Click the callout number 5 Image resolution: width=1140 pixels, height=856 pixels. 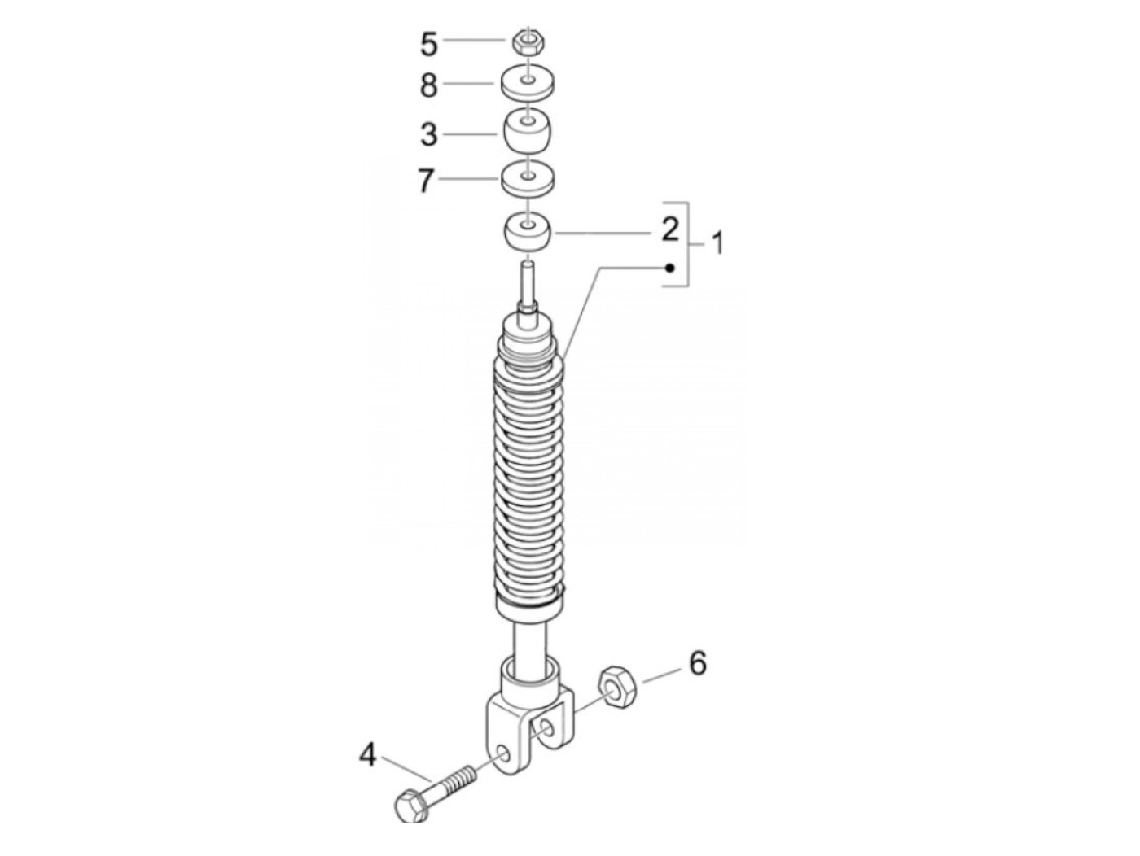(428, 44)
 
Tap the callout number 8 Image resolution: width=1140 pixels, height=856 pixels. (428, 85)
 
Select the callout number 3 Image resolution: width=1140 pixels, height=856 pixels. (428, 134)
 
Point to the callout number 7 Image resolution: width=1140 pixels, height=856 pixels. (426, 181)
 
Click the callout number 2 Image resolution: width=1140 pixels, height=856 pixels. (670, 229)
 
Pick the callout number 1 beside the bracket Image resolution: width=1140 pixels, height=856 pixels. (717, 243)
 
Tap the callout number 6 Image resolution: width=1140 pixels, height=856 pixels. (698, 663)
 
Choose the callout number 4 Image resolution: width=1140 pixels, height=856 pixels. (368, 755)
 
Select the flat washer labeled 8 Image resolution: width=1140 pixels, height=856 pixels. (528, 82)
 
